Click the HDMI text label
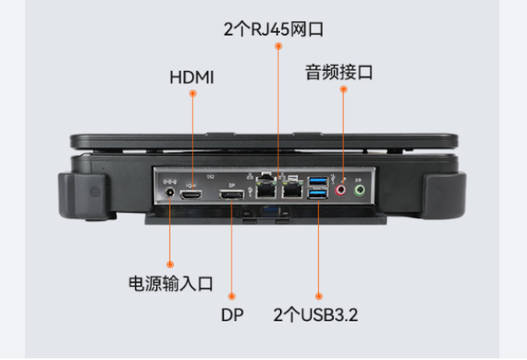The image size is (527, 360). coord(192,78)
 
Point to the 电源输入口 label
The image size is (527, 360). coord(170,283)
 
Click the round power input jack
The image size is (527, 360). coord(169,194)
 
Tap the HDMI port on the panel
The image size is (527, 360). coord(193,195)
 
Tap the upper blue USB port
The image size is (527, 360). coord(319,182)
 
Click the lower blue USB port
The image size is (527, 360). coord(319,196)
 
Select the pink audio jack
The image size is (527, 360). coord(341,191)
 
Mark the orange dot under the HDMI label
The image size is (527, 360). coord(192,94)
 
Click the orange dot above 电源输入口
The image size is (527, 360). coord(169,265)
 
